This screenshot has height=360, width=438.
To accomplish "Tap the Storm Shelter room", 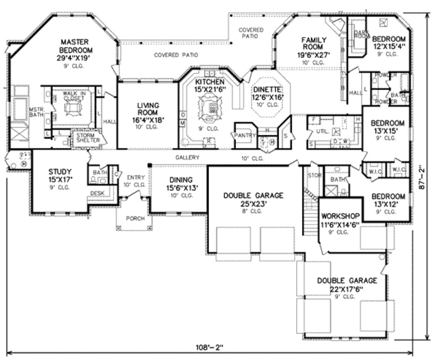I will point(88,137).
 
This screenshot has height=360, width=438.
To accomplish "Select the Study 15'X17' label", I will point(60,176).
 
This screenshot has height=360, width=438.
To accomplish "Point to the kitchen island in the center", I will point(210,104).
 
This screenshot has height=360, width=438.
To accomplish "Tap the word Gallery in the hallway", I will point(187,158).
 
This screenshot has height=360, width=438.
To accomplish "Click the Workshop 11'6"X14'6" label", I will point(340,220).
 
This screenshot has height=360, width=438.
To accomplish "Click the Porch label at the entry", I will point(135,218).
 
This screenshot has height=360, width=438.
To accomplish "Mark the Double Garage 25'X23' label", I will point(253,199).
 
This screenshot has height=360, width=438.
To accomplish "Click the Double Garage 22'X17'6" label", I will point(346,285).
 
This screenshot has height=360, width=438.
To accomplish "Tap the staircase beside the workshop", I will point(311,214).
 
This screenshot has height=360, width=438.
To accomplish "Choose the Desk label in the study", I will point(97,193).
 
